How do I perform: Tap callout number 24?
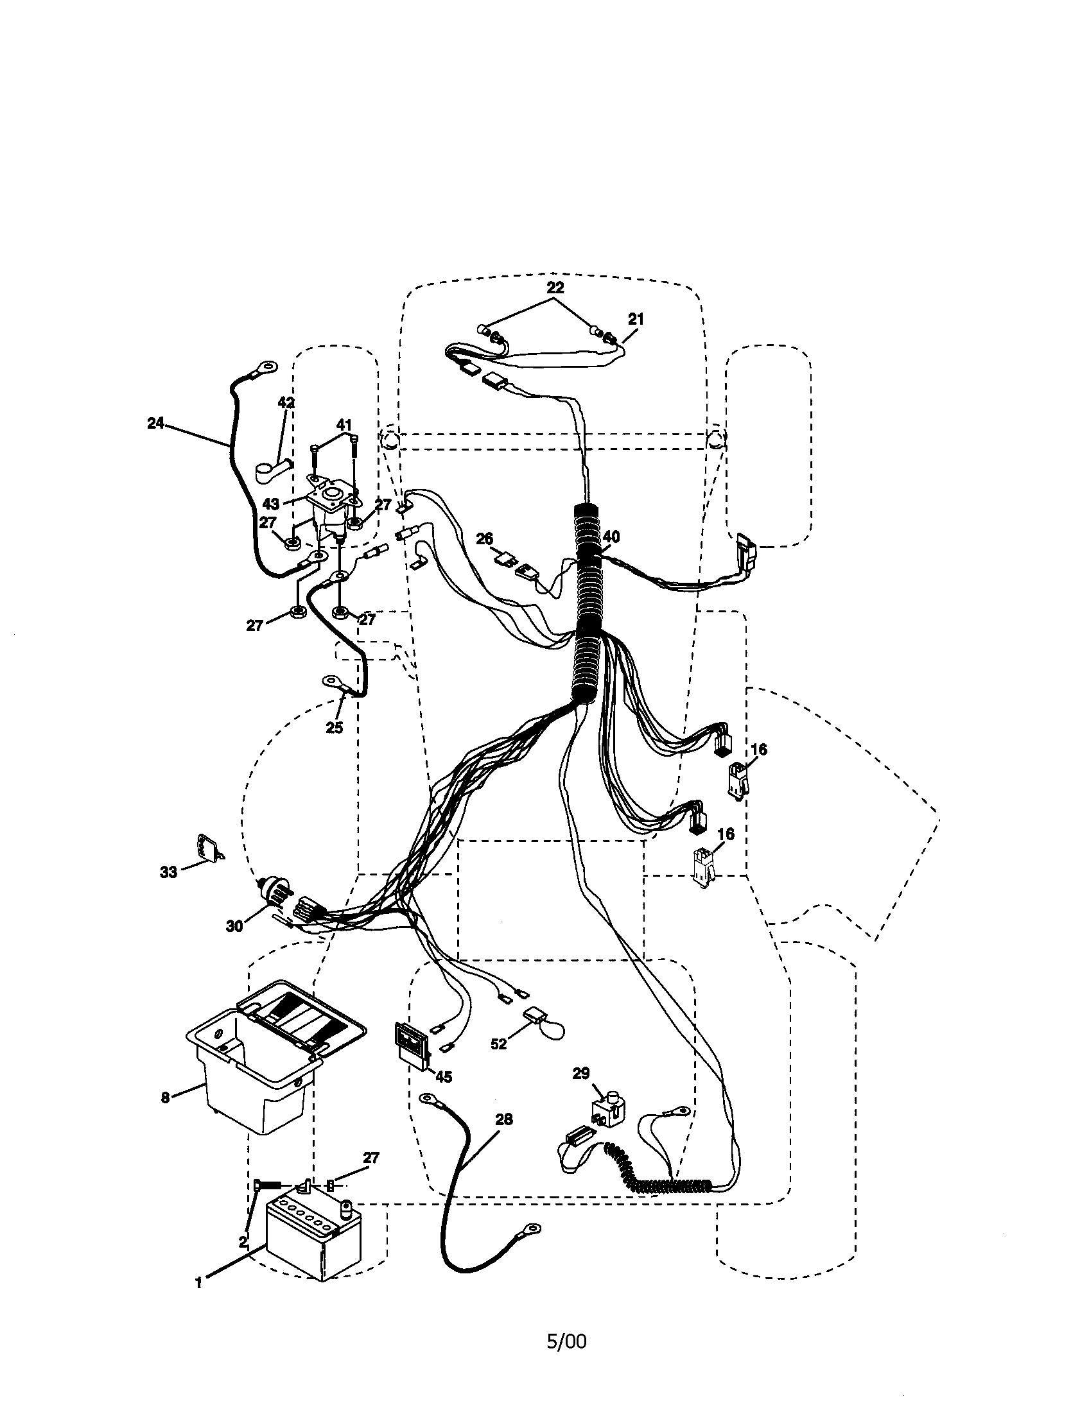click(155, 424)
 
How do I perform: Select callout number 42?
click(286, 402)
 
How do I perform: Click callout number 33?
click(168, 872)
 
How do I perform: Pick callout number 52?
click(498, 1044)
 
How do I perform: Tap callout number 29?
click(580, 1073)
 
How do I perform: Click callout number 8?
click(166, 1097)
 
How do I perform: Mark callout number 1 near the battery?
click(198, 1284)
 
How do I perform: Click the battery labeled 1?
click(313, 1236)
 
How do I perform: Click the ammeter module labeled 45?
click(412, 1042)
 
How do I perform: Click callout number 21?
click(636, 320)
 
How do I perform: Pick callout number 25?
click(334, 727)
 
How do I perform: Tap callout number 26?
click(484, 538)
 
